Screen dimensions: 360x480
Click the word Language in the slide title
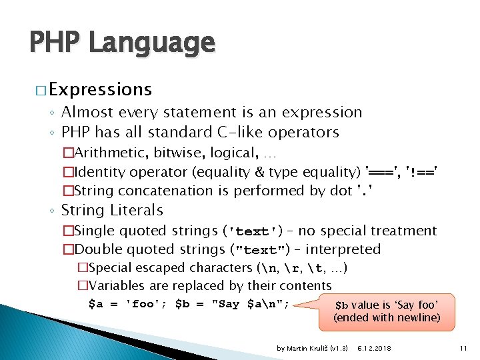pyautogui.click(x=151, y=43)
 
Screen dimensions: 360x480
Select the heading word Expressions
pyautogui.click(x=100, y=89)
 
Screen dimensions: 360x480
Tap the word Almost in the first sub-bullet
pyautogui.click(x=85, y=113)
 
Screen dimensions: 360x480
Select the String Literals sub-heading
pyautogui.click(x=112, y=211)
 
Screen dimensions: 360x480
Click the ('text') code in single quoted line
pyautogui.click(x=255, y=232)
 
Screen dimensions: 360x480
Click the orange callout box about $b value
pyautogui.click(x=387, y=311)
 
